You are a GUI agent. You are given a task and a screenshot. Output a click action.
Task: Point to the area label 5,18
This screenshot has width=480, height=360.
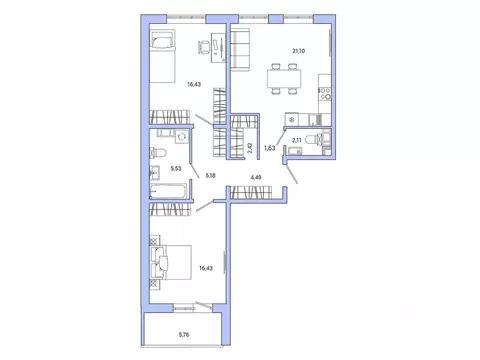210,176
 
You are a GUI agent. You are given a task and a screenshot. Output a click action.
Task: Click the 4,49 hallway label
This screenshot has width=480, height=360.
256,178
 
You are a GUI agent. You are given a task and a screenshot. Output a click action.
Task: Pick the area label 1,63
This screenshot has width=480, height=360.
269,147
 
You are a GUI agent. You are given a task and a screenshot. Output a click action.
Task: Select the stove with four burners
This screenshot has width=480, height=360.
325,96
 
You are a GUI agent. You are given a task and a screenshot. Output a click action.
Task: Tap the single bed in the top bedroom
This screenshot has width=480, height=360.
162,47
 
